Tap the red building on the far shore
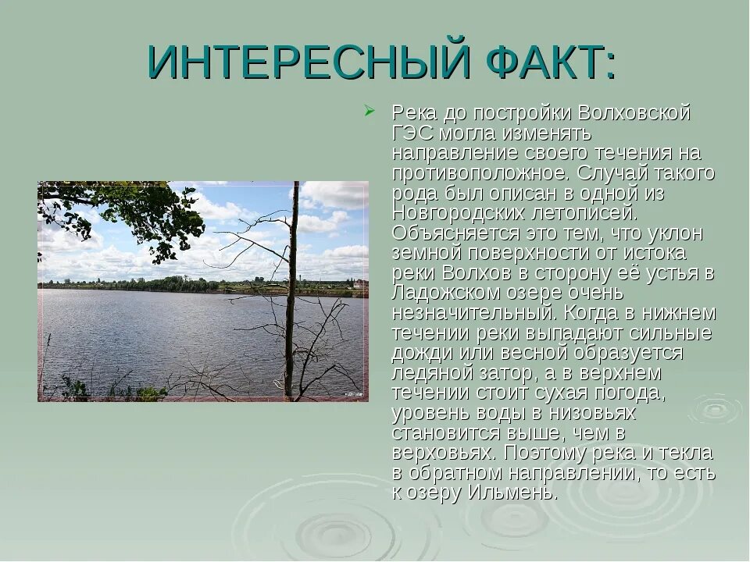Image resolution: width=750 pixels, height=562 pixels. point(360,284)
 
